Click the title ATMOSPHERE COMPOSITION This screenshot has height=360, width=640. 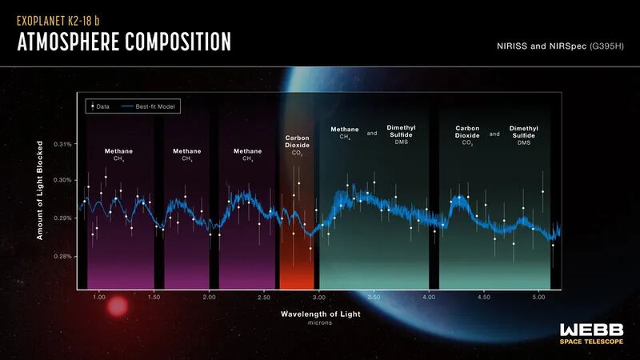click(124, 42)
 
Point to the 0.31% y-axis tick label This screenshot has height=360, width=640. click(62, 145)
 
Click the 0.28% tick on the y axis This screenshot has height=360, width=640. click(62, 257)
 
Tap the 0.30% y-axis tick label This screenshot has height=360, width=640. click(62, 180)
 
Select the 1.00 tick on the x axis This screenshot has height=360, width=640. click(98, 297)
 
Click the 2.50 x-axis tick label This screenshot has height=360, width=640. click(264, 297)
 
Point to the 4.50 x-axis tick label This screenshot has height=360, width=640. click(483, 297)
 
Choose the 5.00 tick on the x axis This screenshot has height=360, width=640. click(538, 297)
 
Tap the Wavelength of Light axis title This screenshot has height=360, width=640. click(320, 314)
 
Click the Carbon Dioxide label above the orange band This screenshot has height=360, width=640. click(298, 142)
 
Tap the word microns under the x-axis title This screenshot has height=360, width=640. click(320, 323)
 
